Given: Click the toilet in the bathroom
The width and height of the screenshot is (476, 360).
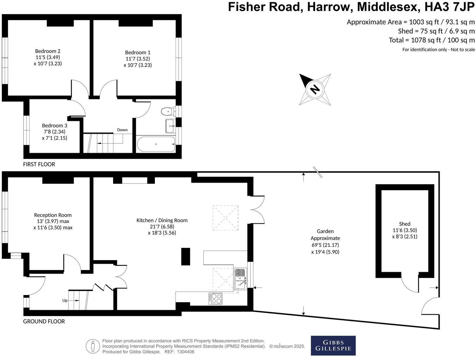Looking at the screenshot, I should click(168, 112).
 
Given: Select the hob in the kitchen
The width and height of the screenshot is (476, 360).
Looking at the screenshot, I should click(216, 298).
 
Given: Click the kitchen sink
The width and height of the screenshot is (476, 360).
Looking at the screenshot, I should click(241, 280).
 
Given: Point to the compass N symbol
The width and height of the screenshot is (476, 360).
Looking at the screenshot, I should click(315, 89).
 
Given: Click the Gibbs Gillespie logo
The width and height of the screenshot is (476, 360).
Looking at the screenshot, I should click(333, 346).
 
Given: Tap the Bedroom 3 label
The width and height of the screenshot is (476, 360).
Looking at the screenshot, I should click(55, 125).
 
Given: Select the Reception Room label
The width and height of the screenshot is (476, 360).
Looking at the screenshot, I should click(53, 215).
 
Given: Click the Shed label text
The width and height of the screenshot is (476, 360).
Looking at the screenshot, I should click(405, 224).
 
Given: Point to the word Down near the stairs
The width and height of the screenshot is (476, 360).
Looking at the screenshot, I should click(122, 130).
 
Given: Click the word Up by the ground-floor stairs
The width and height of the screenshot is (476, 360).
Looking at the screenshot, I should click(65, 300).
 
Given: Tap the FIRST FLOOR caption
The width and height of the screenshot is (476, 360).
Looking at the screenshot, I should click(39, 164).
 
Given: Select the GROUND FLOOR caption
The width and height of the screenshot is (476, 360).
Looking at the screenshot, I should click(44, 321).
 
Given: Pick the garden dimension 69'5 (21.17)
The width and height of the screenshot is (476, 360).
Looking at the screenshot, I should click(325, 245).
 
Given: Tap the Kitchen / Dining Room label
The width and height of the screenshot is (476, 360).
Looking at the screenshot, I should click(162, 220).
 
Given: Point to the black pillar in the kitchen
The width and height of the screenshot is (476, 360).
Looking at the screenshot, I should click(186, 257).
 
